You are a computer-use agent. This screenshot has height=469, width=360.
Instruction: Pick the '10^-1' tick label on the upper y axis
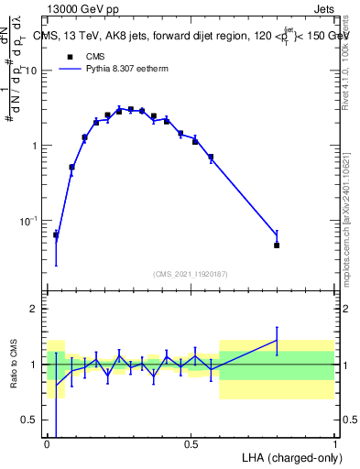click(x=32, y=221)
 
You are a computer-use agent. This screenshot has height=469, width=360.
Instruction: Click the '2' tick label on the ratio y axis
click(x=37, y=309)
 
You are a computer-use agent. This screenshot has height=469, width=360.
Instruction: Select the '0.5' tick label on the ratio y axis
click(x=32, y=420)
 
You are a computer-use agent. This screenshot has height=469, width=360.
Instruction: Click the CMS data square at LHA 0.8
click(x=277, y=245)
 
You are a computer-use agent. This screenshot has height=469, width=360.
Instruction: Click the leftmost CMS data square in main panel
click(x=56, y=235)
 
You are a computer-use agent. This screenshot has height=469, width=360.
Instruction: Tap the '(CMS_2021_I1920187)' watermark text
click(x=191, y=273)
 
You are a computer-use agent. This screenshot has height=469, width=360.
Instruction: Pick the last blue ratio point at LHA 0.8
click(x=277, y=341)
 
